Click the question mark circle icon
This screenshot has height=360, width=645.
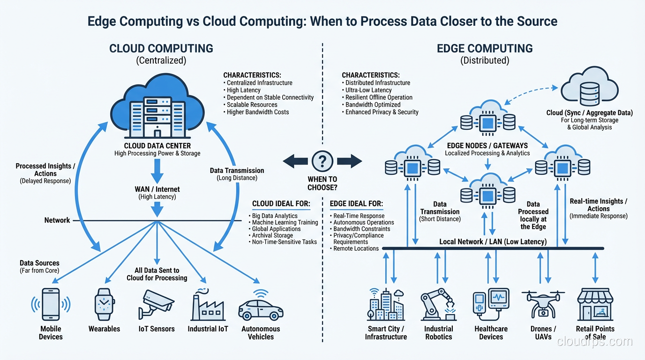tap(322, 162)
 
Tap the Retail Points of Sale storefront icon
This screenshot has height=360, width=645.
tap(595, 304)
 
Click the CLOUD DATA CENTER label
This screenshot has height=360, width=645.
tap(157, 146)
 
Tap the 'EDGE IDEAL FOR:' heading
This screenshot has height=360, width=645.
tap(356, 204)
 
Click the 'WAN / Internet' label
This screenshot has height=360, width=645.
tap(157, 189)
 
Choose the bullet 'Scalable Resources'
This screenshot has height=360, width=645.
tap(252, 105)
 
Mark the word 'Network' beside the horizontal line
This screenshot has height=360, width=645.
tap(57, 220)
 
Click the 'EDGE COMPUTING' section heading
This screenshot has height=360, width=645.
tap(485, 49)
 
